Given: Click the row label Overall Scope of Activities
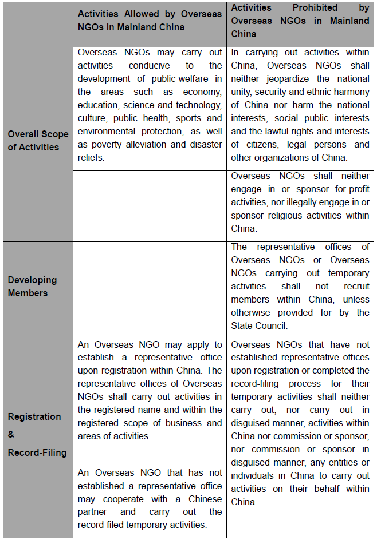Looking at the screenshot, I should pos(38,141).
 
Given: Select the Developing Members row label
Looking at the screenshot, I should pos(32,287).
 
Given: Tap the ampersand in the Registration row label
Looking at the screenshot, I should pos(11,435).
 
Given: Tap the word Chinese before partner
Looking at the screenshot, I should pos(200,499).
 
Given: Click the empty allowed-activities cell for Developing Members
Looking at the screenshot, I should pos(149,289).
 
